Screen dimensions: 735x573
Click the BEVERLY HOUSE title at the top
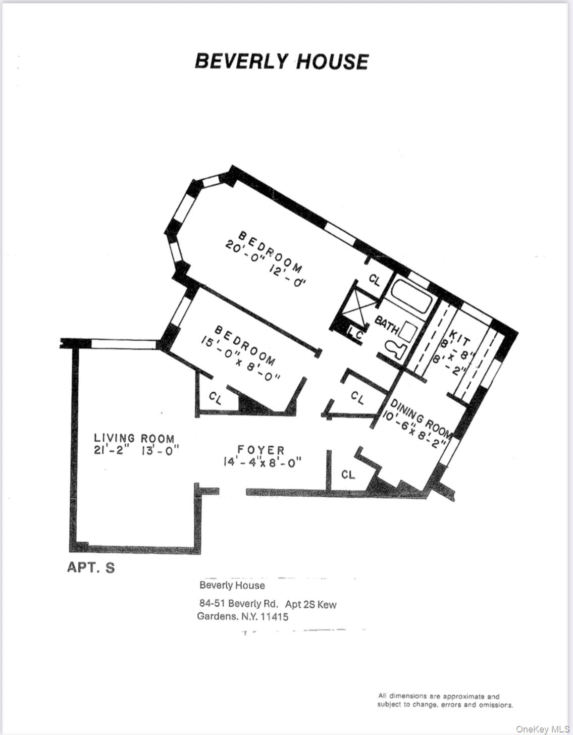[x=281, y=62]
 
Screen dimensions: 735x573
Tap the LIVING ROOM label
[x=134, y=438]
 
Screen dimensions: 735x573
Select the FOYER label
[x=261, y=450]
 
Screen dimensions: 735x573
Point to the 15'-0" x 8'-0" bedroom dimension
[x=240, y=361]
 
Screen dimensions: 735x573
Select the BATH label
[x=386, y=325]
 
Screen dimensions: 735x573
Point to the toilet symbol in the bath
[x=394, y=349]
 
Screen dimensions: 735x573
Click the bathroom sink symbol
[x=407, y=331]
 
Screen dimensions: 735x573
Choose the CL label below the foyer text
[x=348, y=475]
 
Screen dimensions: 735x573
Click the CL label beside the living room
[x=216, y=398]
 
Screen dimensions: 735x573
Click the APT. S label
[x=91, y=567]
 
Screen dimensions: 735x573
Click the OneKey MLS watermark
[x=542, y=729]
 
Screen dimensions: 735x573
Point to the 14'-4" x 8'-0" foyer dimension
[x=262, y=461]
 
